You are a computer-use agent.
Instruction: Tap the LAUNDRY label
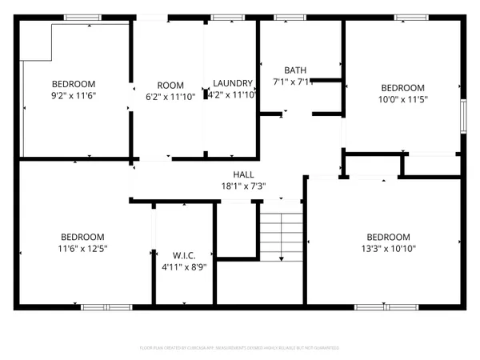click(233, 84)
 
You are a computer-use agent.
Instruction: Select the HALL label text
click(243, 174)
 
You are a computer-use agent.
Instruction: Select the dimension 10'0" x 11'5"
click(402, 101)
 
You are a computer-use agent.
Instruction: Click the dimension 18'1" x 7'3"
click(243, 186)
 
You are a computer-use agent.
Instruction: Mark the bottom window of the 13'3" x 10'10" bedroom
click(379, 306)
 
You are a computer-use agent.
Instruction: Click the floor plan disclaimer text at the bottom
click(239, 348)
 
